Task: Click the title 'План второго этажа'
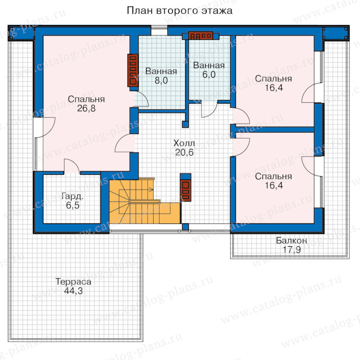point(180,11)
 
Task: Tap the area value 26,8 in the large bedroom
point(86,108)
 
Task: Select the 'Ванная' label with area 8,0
point(161,72)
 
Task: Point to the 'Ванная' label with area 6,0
point(209,66)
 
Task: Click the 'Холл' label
point(184,143)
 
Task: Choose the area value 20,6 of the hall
point(184,152)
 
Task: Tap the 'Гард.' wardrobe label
point(72,196)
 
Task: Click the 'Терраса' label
point(73,282)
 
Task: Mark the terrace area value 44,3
point(73,291)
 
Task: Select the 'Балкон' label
point(291,240)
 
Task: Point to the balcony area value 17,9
point(291,250)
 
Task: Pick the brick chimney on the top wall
point(201,36)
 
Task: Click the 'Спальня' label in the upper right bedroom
point(274,79)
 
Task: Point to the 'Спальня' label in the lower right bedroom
point(274,176)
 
